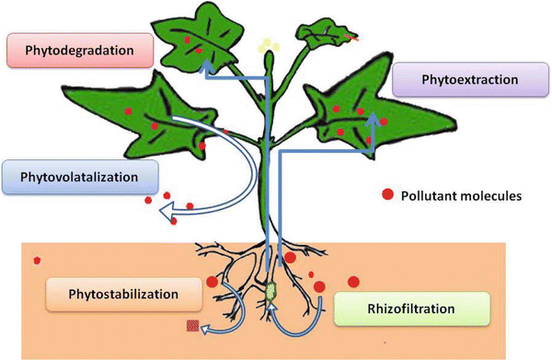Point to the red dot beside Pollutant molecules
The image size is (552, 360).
(x=389, y=194)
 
